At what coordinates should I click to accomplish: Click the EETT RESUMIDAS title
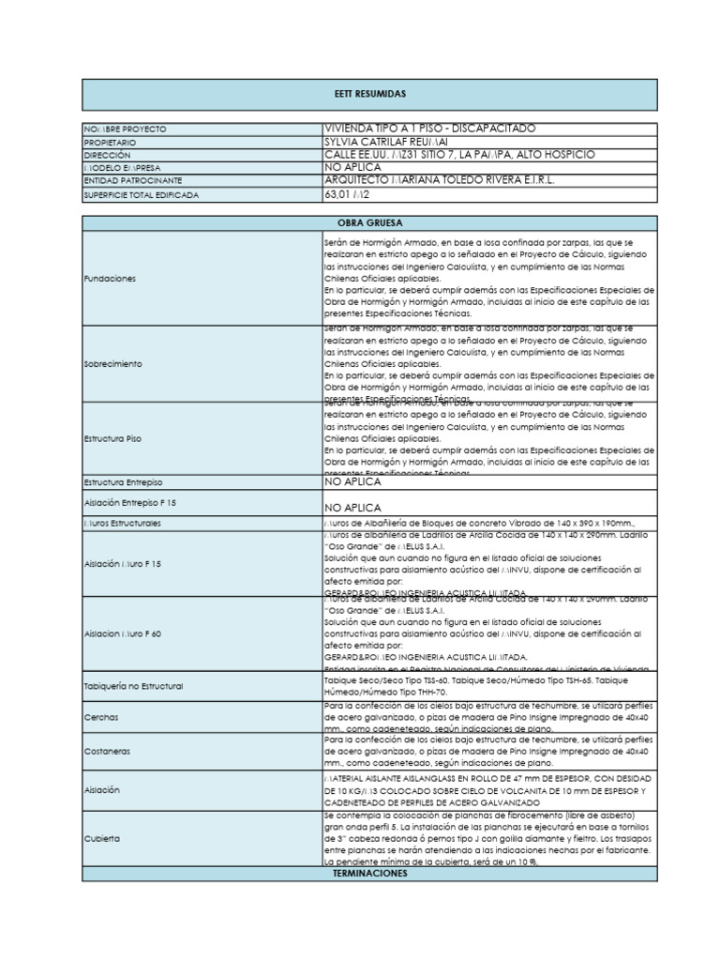[x=369, y=95]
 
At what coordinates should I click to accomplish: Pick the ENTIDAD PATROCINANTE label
[x=132, y=180]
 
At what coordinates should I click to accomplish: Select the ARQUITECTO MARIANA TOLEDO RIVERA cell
[x=441, y=179]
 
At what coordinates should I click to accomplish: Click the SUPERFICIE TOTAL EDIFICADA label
[x=142, y=194]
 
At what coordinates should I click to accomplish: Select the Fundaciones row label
[x=110, y=279]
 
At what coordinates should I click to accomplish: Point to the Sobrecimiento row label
[x=113, y=363]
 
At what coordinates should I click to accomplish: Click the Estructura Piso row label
[x=112, y=438]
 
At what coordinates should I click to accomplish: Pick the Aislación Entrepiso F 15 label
[x=129, y=503]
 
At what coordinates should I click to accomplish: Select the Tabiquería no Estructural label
[x=133, y=686]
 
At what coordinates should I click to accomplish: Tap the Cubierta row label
[x=102, y=838]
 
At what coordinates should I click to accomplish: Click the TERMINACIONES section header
[x=369, y=874]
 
